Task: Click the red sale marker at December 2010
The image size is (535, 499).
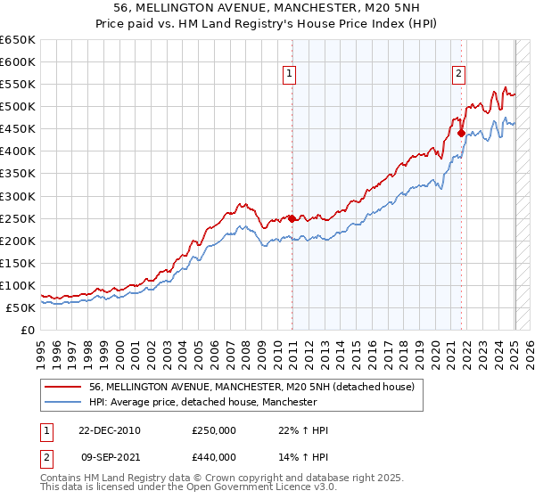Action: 292,218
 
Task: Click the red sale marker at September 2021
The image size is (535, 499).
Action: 462,133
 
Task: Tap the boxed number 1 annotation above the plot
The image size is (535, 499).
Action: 291,75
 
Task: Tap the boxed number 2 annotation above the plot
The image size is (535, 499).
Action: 458,75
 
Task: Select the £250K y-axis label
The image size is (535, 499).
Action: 18,218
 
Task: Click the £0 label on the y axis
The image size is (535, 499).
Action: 26,330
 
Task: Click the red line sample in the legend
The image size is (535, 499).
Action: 63,388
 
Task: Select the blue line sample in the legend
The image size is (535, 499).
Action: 63,403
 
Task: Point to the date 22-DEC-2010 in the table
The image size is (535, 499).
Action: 110,430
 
